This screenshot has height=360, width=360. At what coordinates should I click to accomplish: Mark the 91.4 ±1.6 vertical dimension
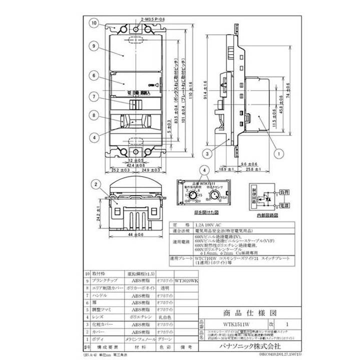[x=206, y=93]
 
